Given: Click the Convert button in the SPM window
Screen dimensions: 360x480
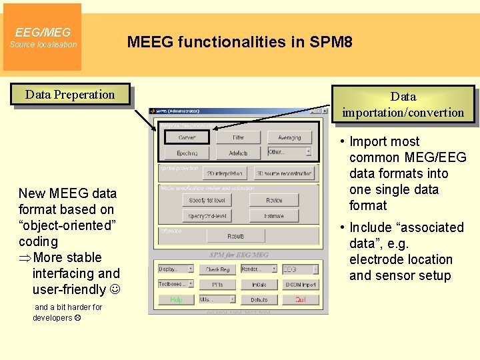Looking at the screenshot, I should pos(187,137).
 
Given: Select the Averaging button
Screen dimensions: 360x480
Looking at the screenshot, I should pos(289,137).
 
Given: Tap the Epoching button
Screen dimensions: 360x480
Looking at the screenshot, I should pos(187,153).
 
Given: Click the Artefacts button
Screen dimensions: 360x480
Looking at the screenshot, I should pos(239,153).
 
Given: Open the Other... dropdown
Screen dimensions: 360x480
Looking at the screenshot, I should pos(289,152).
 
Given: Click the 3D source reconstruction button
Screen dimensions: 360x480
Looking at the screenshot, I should pos(283,173).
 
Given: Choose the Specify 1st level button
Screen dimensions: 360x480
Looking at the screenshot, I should pos(207,200).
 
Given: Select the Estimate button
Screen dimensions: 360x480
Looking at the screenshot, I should pos(274,215).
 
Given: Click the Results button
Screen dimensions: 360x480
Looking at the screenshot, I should pos(236,235).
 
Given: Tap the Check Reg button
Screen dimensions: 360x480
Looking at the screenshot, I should pos(217,269).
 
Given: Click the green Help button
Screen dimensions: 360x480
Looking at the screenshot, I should pos(176,300).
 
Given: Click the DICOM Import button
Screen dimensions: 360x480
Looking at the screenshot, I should pos(300,285).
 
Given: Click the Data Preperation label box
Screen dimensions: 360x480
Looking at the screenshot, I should pos(70,95).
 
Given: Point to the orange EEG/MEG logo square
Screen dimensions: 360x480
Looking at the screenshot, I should pos(43,37).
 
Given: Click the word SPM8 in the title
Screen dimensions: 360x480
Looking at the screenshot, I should pos(331,43).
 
